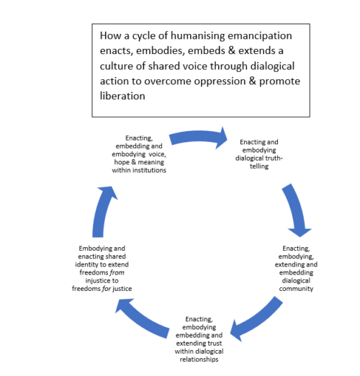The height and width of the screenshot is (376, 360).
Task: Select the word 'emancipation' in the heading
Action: point(260,36)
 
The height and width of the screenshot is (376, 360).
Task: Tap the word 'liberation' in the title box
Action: point(122,96)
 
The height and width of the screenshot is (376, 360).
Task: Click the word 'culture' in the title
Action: point(116,66)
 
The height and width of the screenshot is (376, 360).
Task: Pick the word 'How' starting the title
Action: point(110,35)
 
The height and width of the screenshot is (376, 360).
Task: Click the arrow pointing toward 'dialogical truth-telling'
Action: point(198,138)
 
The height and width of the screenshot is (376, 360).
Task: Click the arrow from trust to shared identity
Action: point(142,319)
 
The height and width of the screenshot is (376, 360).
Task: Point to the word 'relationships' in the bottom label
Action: point(199,359)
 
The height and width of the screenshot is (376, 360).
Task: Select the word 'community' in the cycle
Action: point(296,289)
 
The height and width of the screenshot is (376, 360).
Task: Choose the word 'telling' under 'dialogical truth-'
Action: point(259,166)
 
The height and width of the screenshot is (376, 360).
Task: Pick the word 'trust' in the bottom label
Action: point(215,344)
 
